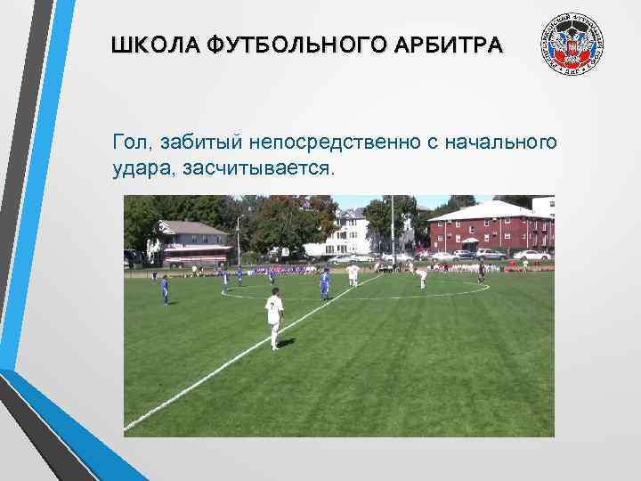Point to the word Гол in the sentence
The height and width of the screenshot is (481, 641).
point(128,142)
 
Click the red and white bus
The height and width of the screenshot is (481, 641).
point(196,259)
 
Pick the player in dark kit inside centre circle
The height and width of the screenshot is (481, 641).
point(482,271)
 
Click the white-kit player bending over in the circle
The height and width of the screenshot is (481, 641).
point(422,277)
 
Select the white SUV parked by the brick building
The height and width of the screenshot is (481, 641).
point(531,255)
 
